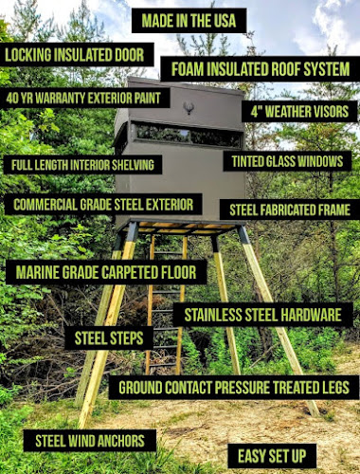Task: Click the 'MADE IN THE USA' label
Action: click(x=189, y=21)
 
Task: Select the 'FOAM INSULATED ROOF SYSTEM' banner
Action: click(x=261, y=69)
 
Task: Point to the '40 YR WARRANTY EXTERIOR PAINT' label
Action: click(x=83, y=98)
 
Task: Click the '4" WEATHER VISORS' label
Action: click(x=299, y=112)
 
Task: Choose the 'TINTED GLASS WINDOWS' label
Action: click(x=287, y=161)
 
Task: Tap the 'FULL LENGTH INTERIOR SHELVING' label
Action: click(x=82, y=165)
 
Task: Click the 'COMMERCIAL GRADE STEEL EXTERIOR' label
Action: click(x=103, y=205)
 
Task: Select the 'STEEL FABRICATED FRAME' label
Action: click(x=290, y=210)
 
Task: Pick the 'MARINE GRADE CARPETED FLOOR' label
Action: click(x=106, y=272)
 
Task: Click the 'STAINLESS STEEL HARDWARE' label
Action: click(x=262, y=315)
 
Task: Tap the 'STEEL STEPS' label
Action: click(x=109, y=338)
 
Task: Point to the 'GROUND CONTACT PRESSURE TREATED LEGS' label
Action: click(x=234, y=388)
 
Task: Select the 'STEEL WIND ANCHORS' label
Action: click(x=90, y=441)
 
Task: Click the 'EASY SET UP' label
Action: click(x=272, y=456)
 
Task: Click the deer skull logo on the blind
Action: click(x=189, y=108)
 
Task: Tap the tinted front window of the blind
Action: click(x=189, y=136)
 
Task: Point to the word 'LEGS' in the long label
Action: click(x=334, y=388)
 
